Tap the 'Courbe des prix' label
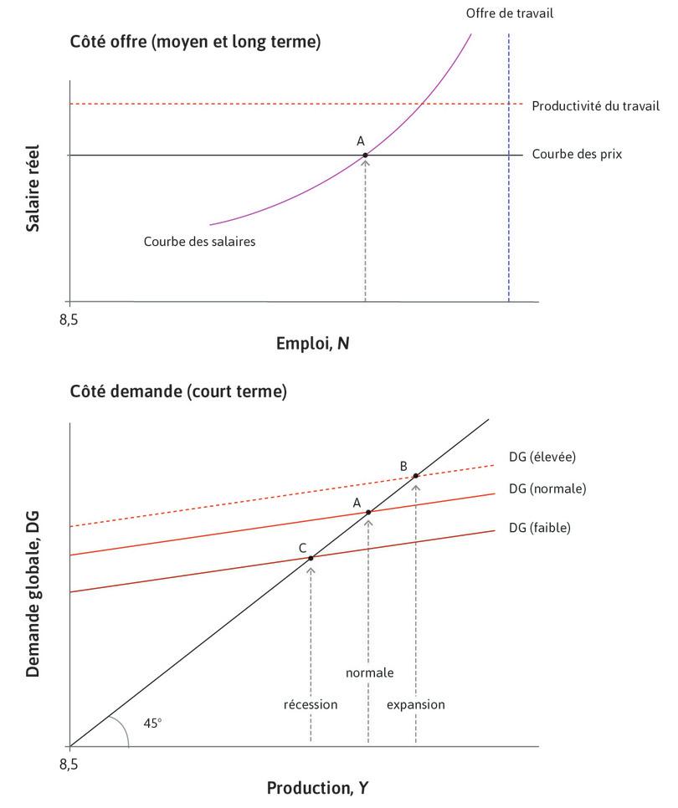(x=577, y=155)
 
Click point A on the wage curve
(x=366, y=155)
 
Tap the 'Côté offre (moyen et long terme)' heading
(x=195, y=43)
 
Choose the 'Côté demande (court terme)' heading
(x=178, y=391)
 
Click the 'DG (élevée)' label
(x=542, y=457)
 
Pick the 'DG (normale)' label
(x=547, y=488)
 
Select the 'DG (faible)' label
(x=539, y=528)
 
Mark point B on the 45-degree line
(x=415, y=476)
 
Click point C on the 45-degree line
(x=311, y=558)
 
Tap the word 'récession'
(x=311, y=704)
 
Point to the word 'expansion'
(x=415, y=704)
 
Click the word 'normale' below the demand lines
(x=369, y=672)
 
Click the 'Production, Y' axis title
(x=316, y=788)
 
